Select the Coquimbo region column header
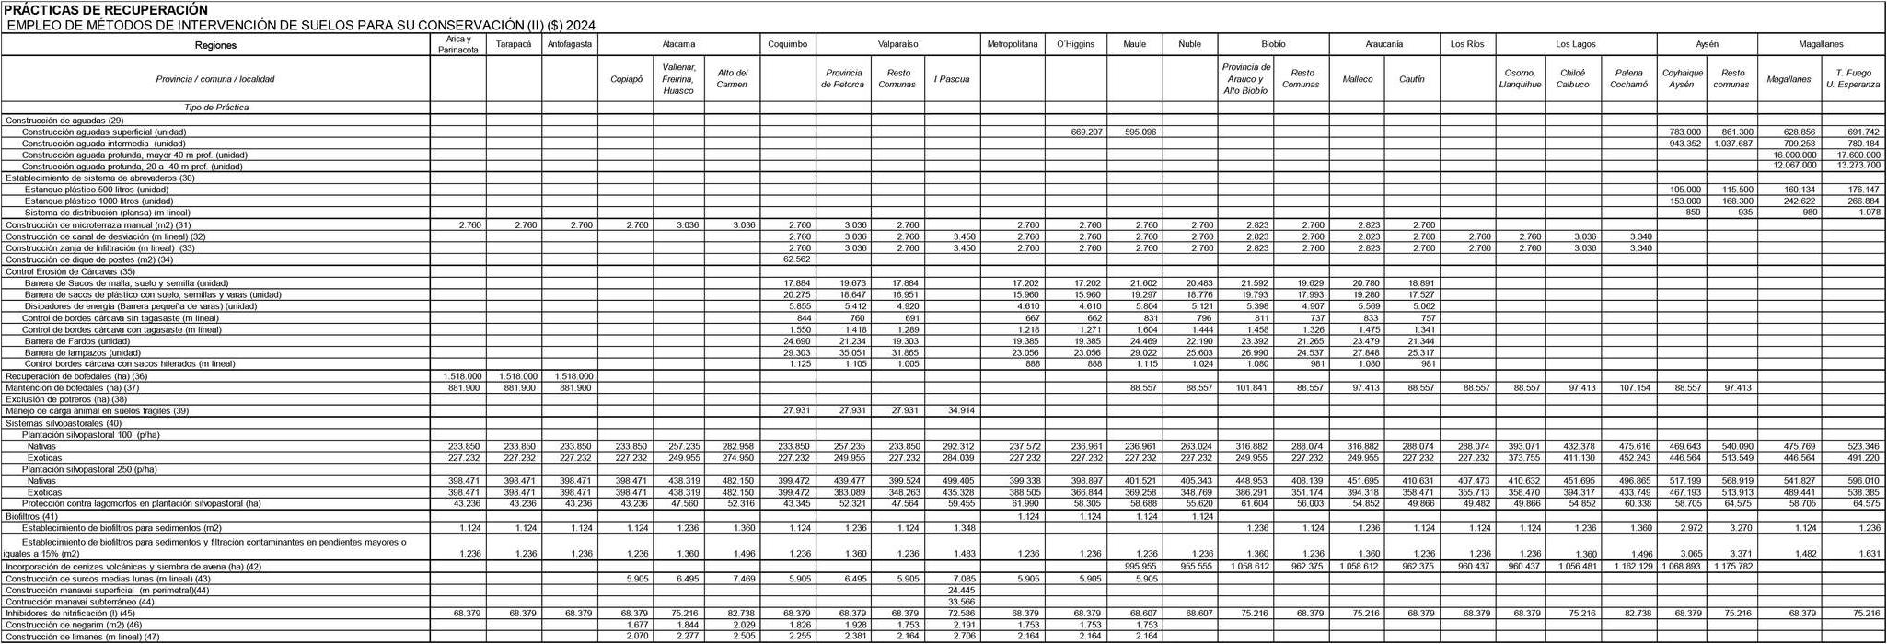787,44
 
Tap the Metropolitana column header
1012,44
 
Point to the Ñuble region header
1189,44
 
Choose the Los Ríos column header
1466,44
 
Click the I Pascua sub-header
951,79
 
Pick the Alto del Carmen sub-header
732,79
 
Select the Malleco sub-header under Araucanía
1358,79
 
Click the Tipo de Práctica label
216,108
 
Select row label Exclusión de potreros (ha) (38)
66,399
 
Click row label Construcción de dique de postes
89,259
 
